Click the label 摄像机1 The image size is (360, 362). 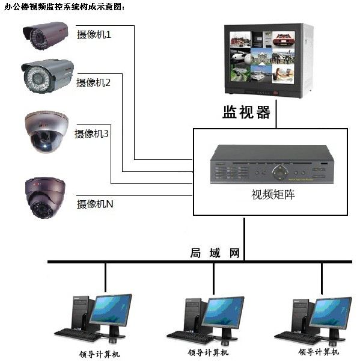94,35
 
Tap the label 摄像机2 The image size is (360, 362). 93,82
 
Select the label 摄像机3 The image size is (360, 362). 91,133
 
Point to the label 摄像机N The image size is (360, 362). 95,204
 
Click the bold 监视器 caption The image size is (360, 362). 246,112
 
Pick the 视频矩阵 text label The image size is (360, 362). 273,194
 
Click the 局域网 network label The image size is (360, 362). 215,253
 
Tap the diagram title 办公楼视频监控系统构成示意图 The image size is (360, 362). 64,7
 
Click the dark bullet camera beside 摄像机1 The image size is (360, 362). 46,35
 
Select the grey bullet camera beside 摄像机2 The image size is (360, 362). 47,76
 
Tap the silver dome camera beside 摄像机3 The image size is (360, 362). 46,132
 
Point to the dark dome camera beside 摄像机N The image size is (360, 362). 45,198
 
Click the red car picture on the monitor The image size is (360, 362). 284,39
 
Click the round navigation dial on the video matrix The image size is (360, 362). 280,173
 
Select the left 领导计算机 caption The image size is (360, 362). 99,354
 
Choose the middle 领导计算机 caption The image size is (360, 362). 208,352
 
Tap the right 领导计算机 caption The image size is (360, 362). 319,352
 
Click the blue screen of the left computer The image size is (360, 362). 111,309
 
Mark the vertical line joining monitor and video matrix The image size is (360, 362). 276,114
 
